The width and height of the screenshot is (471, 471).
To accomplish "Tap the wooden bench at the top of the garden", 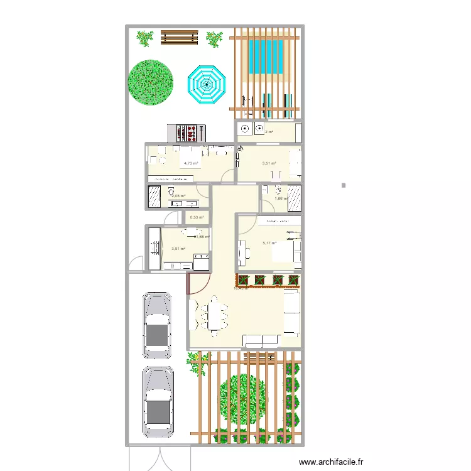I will coord(180,38).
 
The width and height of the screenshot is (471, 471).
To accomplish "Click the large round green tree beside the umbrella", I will coord(150,82).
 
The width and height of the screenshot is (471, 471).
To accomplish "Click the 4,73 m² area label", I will coord(190,163).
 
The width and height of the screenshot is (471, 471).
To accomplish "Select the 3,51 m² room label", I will coord(269,163).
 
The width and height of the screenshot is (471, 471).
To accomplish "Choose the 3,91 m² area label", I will coord(178,248).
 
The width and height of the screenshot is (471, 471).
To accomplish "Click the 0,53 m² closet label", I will coord(197,218).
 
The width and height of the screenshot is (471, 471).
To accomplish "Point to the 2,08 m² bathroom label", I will coord(178,196).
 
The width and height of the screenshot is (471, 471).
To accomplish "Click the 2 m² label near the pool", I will coord(269,132).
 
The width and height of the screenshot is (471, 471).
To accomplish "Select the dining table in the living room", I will coord(214,313).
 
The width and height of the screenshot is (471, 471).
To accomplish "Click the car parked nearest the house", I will coord(157,325).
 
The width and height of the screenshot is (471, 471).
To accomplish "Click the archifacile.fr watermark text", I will coord(331,462).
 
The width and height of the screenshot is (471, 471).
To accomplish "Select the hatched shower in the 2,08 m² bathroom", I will coord(154,197).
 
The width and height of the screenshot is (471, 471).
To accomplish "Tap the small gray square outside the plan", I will coord(344,185).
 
